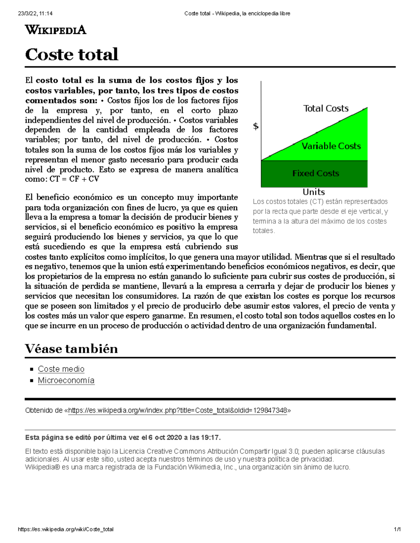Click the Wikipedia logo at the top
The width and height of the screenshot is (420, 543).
[56, 30]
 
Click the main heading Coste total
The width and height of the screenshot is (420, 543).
[72, 55]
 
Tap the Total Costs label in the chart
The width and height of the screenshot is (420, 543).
[326, 108]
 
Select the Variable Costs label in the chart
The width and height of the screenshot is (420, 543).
[331, 146]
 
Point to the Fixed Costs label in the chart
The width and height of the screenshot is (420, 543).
[316, 173]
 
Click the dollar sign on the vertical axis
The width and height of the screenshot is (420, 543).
[256, 126]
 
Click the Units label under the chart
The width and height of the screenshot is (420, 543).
[314, 192]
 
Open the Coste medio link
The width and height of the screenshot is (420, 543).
[61, 369]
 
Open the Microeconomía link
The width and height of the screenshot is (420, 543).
[66, 380]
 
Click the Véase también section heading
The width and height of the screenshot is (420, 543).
[71, 349]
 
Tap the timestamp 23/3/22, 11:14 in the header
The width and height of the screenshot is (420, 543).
[35, 14]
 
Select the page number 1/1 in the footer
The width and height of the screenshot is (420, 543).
[397, 529]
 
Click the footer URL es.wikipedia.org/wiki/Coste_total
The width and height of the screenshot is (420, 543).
[66, 529]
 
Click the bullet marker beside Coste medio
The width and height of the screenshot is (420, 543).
[31, 369]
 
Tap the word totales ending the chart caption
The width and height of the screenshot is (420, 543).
[263, 231]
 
